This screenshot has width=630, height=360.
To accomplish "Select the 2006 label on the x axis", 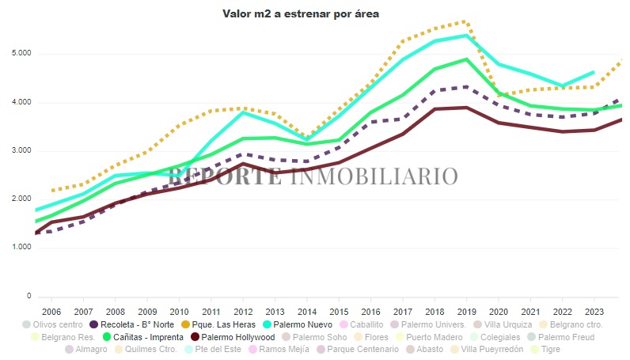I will click(51, 312).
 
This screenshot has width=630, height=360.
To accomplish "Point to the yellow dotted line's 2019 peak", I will click(466, 21).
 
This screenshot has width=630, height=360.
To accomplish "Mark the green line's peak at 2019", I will click(466, 59).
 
